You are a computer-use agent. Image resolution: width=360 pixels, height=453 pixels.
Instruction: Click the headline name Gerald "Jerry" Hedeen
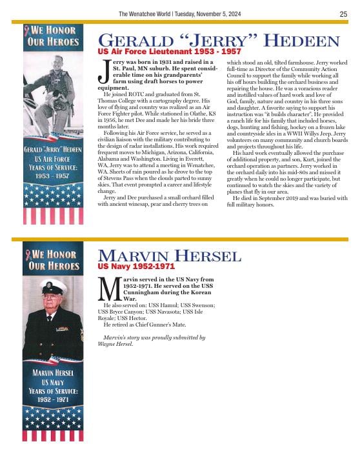pos(218,41)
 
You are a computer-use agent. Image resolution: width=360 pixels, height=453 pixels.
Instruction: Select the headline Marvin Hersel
pos(169,256)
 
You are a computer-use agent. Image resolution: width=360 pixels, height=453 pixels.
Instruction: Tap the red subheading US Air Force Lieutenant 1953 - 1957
pos(169,51)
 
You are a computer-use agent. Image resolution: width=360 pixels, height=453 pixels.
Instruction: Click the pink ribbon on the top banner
pos(26,30)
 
